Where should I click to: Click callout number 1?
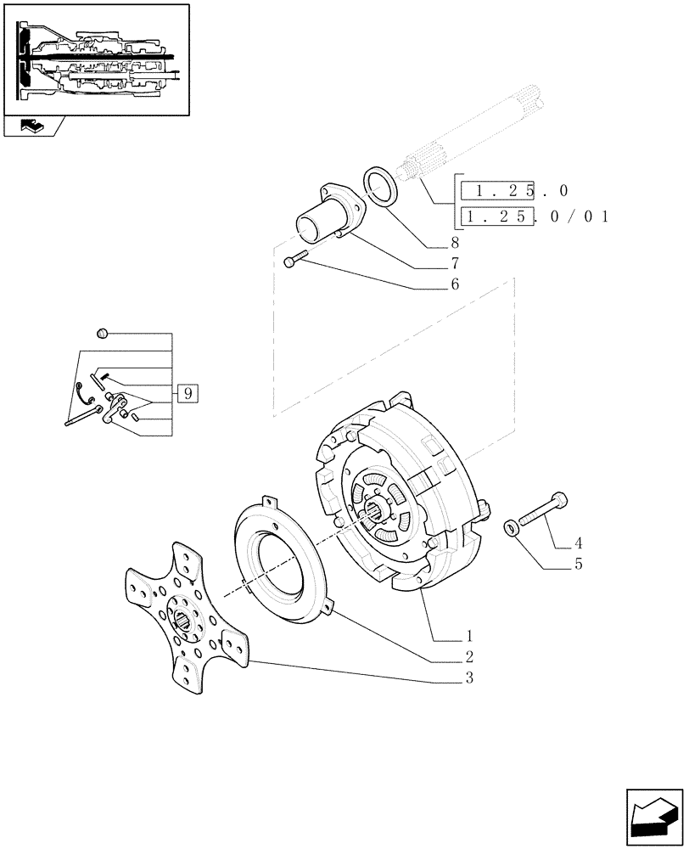[x=468, y=635]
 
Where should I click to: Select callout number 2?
[x=468, y=656]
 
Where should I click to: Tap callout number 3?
[x=468, y=678]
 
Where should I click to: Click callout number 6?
[x=455, y=285]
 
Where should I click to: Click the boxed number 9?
[x=188, y=393]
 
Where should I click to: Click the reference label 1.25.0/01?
[x=535, y=217]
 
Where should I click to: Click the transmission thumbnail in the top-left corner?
[x=96, y=59]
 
